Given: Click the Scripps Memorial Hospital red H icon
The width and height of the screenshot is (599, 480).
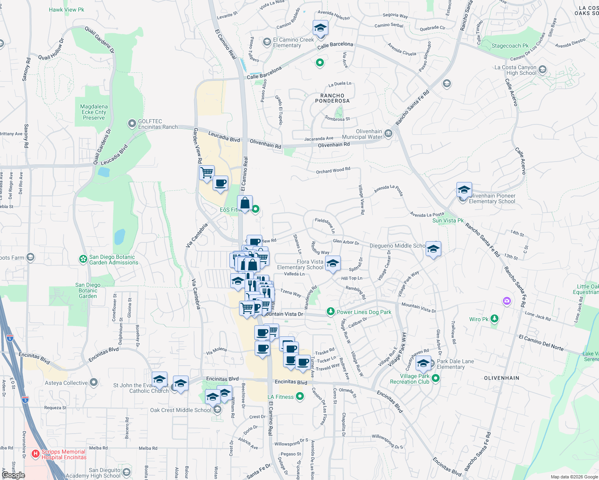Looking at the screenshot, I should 36,454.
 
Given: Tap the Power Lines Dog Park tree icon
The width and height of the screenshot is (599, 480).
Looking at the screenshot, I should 330,312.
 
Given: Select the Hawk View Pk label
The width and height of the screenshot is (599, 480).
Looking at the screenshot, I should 66,10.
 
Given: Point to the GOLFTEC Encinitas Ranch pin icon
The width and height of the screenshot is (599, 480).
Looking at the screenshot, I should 132,124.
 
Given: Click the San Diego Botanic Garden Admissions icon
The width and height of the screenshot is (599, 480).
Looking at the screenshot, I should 83,260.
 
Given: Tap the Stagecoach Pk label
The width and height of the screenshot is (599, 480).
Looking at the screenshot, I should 510,46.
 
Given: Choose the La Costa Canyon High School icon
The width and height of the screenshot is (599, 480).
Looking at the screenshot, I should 543,70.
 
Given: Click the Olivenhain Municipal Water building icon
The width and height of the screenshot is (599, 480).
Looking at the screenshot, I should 388,134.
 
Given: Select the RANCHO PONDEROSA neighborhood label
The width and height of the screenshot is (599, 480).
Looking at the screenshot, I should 332,98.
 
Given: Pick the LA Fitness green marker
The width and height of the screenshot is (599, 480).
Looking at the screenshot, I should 300,396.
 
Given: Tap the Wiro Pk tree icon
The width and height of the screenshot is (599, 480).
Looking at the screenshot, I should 495,319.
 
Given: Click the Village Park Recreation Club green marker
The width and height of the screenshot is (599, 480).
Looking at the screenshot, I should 436,378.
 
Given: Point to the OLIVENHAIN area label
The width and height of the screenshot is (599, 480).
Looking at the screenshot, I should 502,378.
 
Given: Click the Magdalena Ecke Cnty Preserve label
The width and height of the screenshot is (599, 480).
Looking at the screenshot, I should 94,112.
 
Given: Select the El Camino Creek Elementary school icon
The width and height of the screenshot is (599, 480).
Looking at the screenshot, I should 267,42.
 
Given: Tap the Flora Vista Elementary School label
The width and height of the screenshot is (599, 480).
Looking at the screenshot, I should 300,264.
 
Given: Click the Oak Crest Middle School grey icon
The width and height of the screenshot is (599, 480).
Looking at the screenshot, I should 217,410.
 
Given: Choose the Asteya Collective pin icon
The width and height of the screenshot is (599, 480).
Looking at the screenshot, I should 94,383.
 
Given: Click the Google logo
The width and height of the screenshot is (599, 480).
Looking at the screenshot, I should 13,475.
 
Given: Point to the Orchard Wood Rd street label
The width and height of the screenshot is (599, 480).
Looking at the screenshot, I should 333,170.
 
